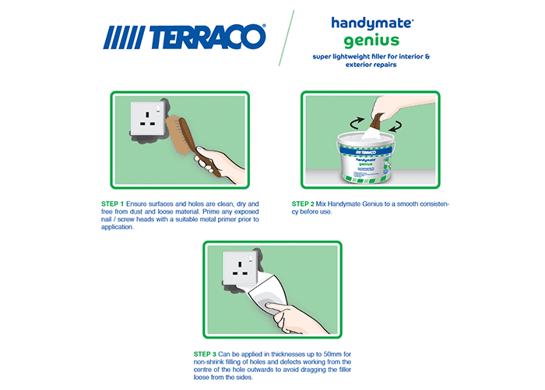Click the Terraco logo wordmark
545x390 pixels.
point(185,37)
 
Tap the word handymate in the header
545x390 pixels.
point(372,23)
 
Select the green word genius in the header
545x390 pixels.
point(371,41)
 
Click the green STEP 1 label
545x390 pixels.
point(112,204)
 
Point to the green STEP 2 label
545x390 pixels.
point(303,204)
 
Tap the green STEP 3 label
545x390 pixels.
point(205,354)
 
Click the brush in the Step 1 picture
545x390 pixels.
point(191,144)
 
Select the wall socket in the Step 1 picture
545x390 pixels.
point(147,119)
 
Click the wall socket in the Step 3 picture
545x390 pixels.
point(241,268)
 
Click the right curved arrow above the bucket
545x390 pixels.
point(396,126)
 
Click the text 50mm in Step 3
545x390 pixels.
point(334,354)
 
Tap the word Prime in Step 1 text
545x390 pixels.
point(211,211)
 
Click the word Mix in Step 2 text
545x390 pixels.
point(321,204)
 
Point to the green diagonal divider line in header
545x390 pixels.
point(287,38)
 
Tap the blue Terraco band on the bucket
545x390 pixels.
point(366,151)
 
